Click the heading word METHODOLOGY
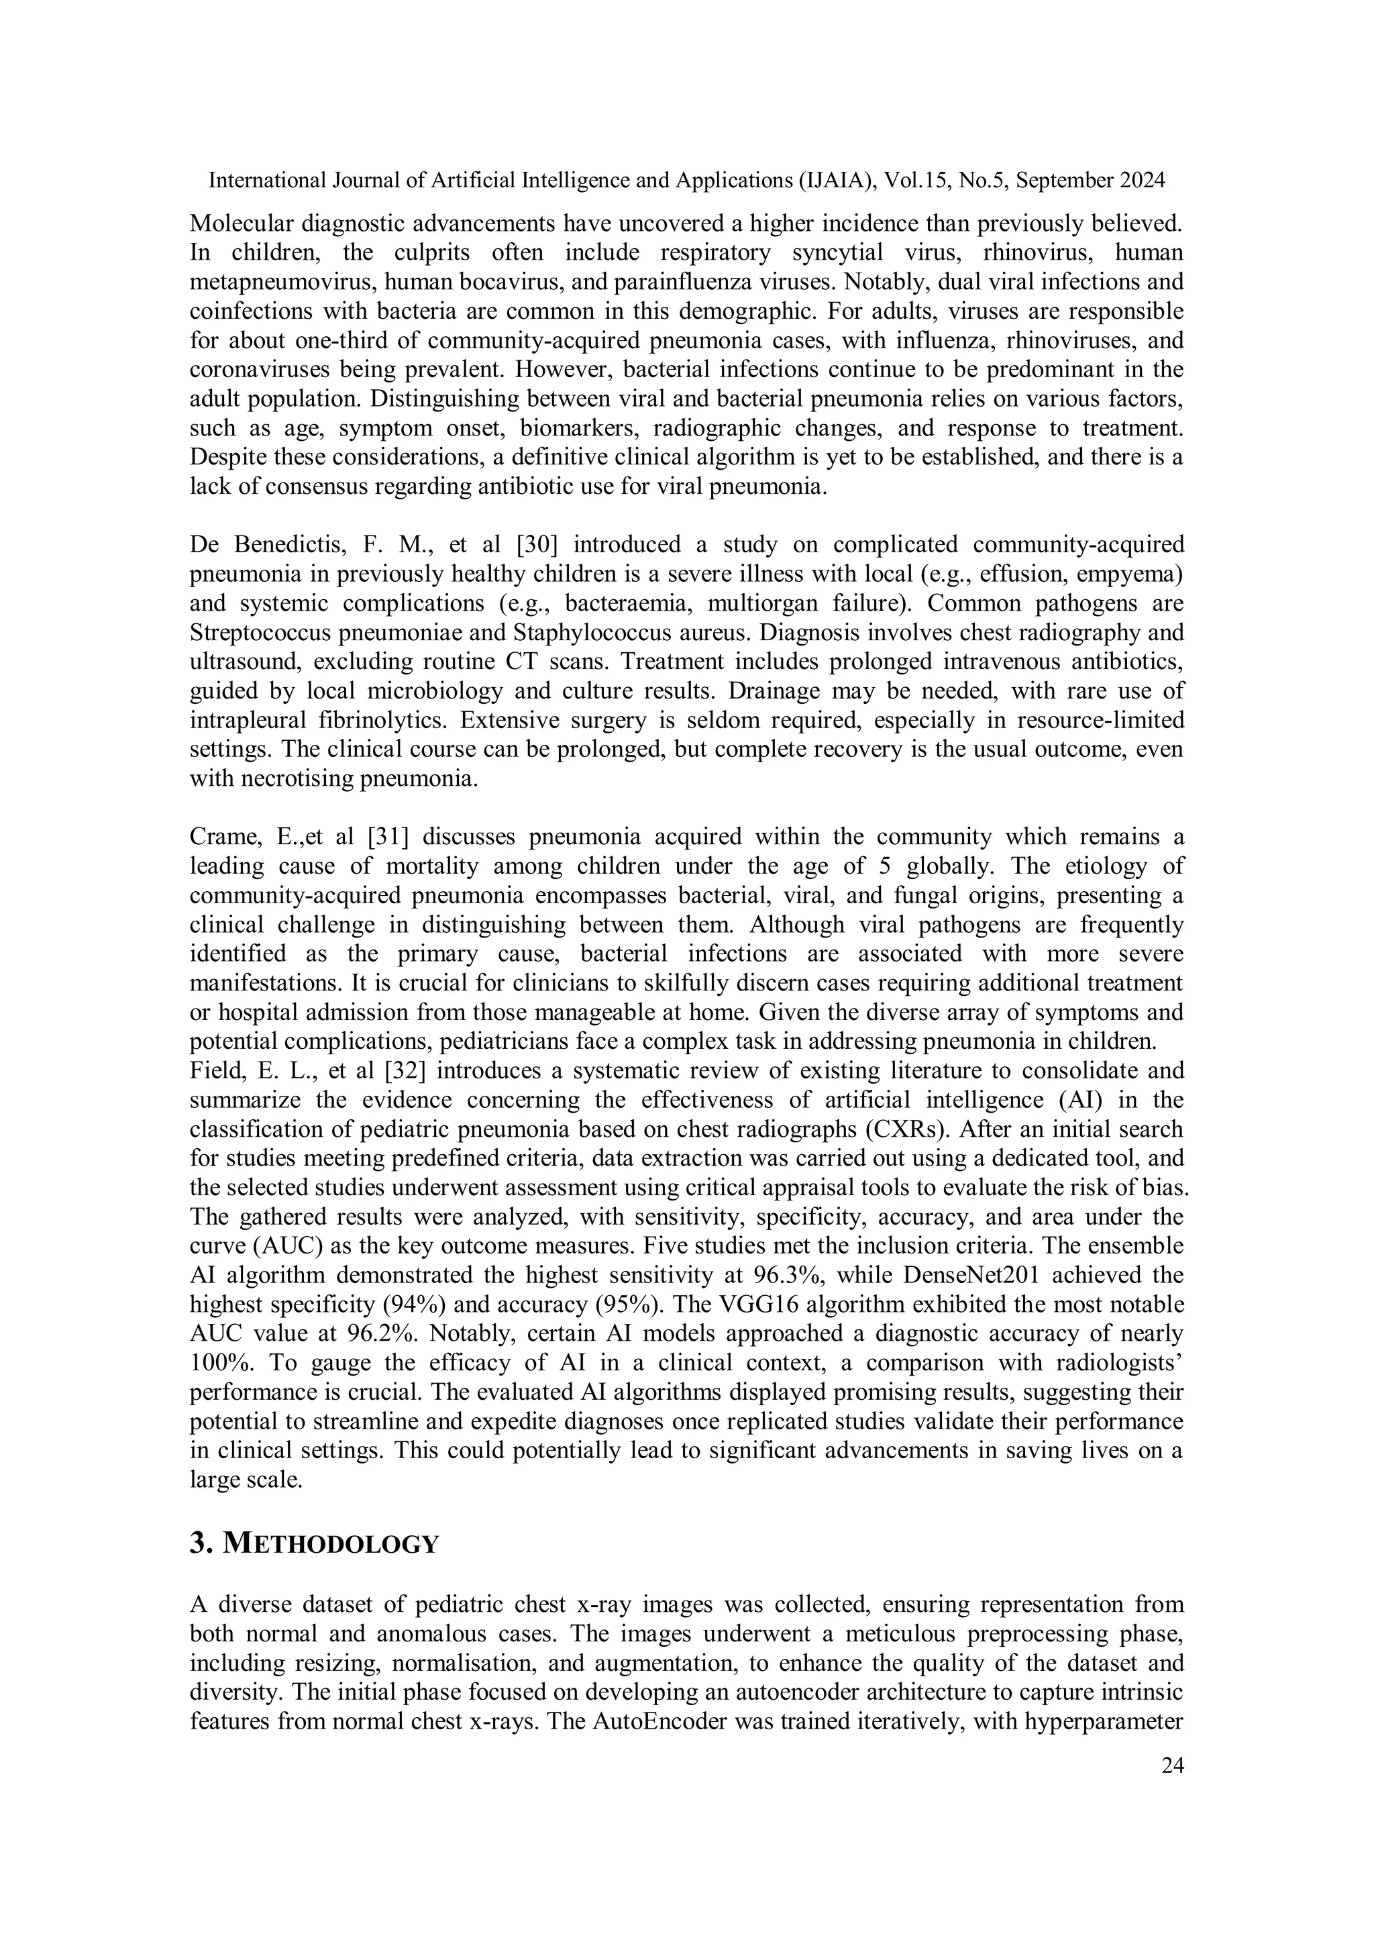click(x=330, y=1543)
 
